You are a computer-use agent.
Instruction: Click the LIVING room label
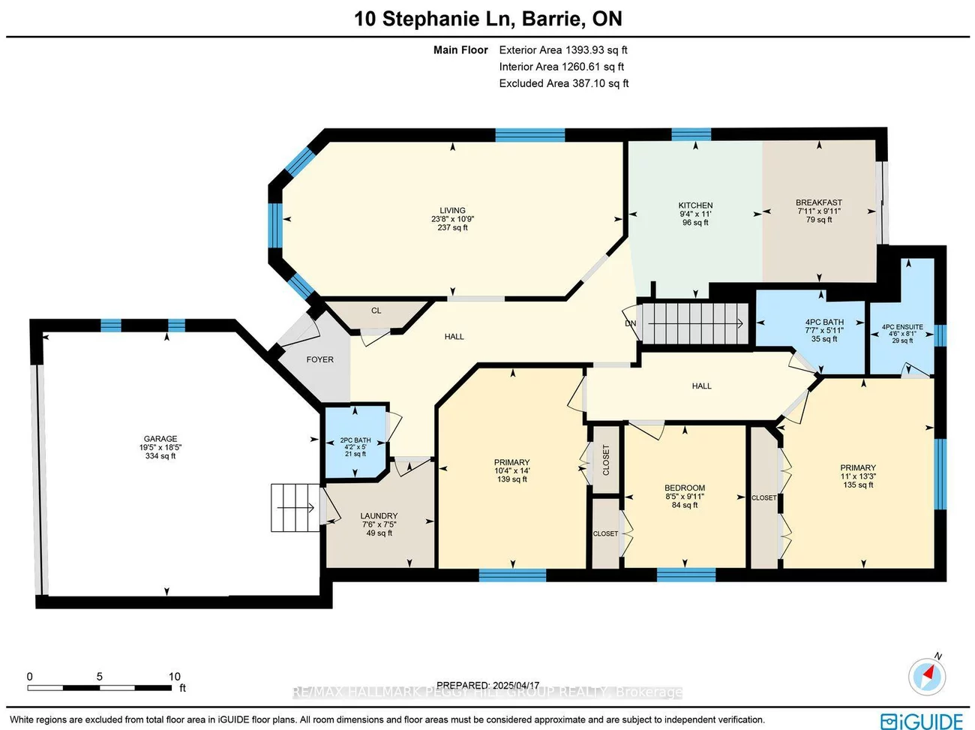[x=452, y=211]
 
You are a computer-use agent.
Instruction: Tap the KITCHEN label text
[x=695, y=206]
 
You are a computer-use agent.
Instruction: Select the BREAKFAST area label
[x=818, y=203]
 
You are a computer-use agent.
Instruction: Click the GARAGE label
[x=160, y=439]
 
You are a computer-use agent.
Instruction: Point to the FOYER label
[x=319, y=360]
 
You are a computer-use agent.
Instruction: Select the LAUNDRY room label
[x=379, y=516]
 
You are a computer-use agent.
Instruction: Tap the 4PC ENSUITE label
[x=902, y=327]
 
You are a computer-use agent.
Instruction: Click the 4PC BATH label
[x=824, y=323]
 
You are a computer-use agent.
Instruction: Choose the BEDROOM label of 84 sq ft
[x=685, y=488]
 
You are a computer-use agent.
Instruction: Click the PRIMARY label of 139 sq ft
[x=511, y=463]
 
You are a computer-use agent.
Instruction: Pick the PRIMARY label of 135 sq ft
[x=858, y=467]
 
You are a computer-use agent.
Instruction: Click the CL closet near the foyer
[x=376, y=311]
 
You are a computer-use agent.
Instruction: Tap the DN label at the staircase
[x=631, y=324]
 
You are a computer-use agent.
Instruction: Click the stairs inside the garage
[x=294, y=508]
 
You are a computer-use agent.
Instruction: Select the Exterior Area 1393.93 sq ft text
[x=563, y=50]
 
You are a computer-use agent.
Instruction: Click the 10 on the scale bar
[x=175, y=677]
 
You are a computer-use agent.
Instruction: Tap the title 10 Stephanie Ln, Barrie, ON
[x=487, y=19]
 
